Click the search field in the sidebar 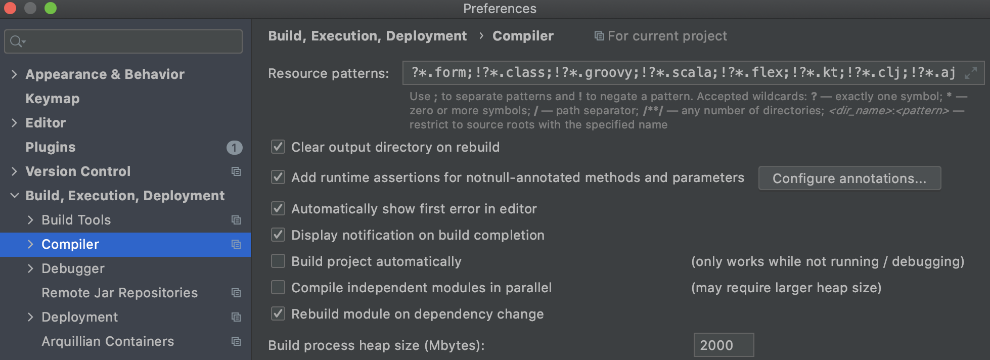(131, 41)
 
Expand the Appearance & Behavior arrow (14, 74)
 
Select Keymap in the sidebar (53, 99)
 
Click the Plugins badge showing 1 (234, 147)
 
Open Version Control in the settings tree (78, 171)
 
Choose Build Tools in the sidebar (76, 220)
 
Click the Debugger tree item (73, 268)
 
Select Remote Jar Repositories (119, 293)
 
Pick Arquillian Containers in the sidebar (108, 341)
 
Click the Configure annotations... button (849, 178)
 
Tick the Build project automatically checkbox (278, 261)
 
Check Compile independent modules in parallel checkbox (278, 287)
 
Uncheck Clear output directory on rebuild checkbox (278, 147)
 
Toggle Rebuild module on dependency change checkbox (278, 313)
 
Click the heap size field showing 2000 (723, 345)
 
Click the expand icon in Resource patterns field (970, 73)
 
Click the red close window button (10, 8)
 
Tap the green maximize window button (51, 8)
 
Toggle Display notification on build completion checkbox (278, 235)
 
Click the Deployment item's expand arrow (30, 317)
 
